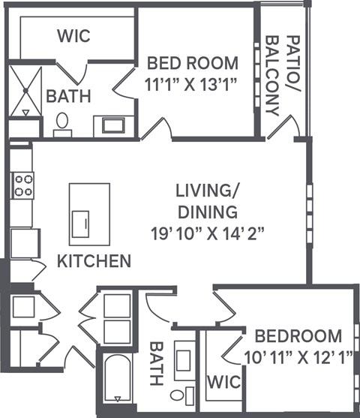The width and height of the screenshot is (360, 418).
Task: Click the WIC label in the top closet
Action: click(x=75, y=35)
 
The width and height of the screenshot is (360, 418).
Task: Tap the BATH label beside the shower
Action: click(x=68, y=96)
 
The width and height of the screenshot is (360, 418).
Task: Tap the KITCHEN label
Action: click(x=94, y=261)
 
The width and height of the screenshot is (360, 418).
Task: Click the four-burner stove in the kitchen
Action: click(x=22, y=185)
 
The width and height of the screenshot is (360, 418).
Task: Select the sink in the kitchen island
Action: click(x=81, y=224)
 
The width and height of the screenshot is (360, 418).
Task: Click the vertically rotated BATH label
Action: click(x=156, y=364)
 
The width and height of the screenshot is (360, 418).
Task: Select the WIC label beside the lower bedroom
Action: click(x=224, y=382)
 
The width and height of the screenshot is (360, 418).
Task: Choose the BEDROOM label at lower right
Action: click(x=297, y=335)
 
